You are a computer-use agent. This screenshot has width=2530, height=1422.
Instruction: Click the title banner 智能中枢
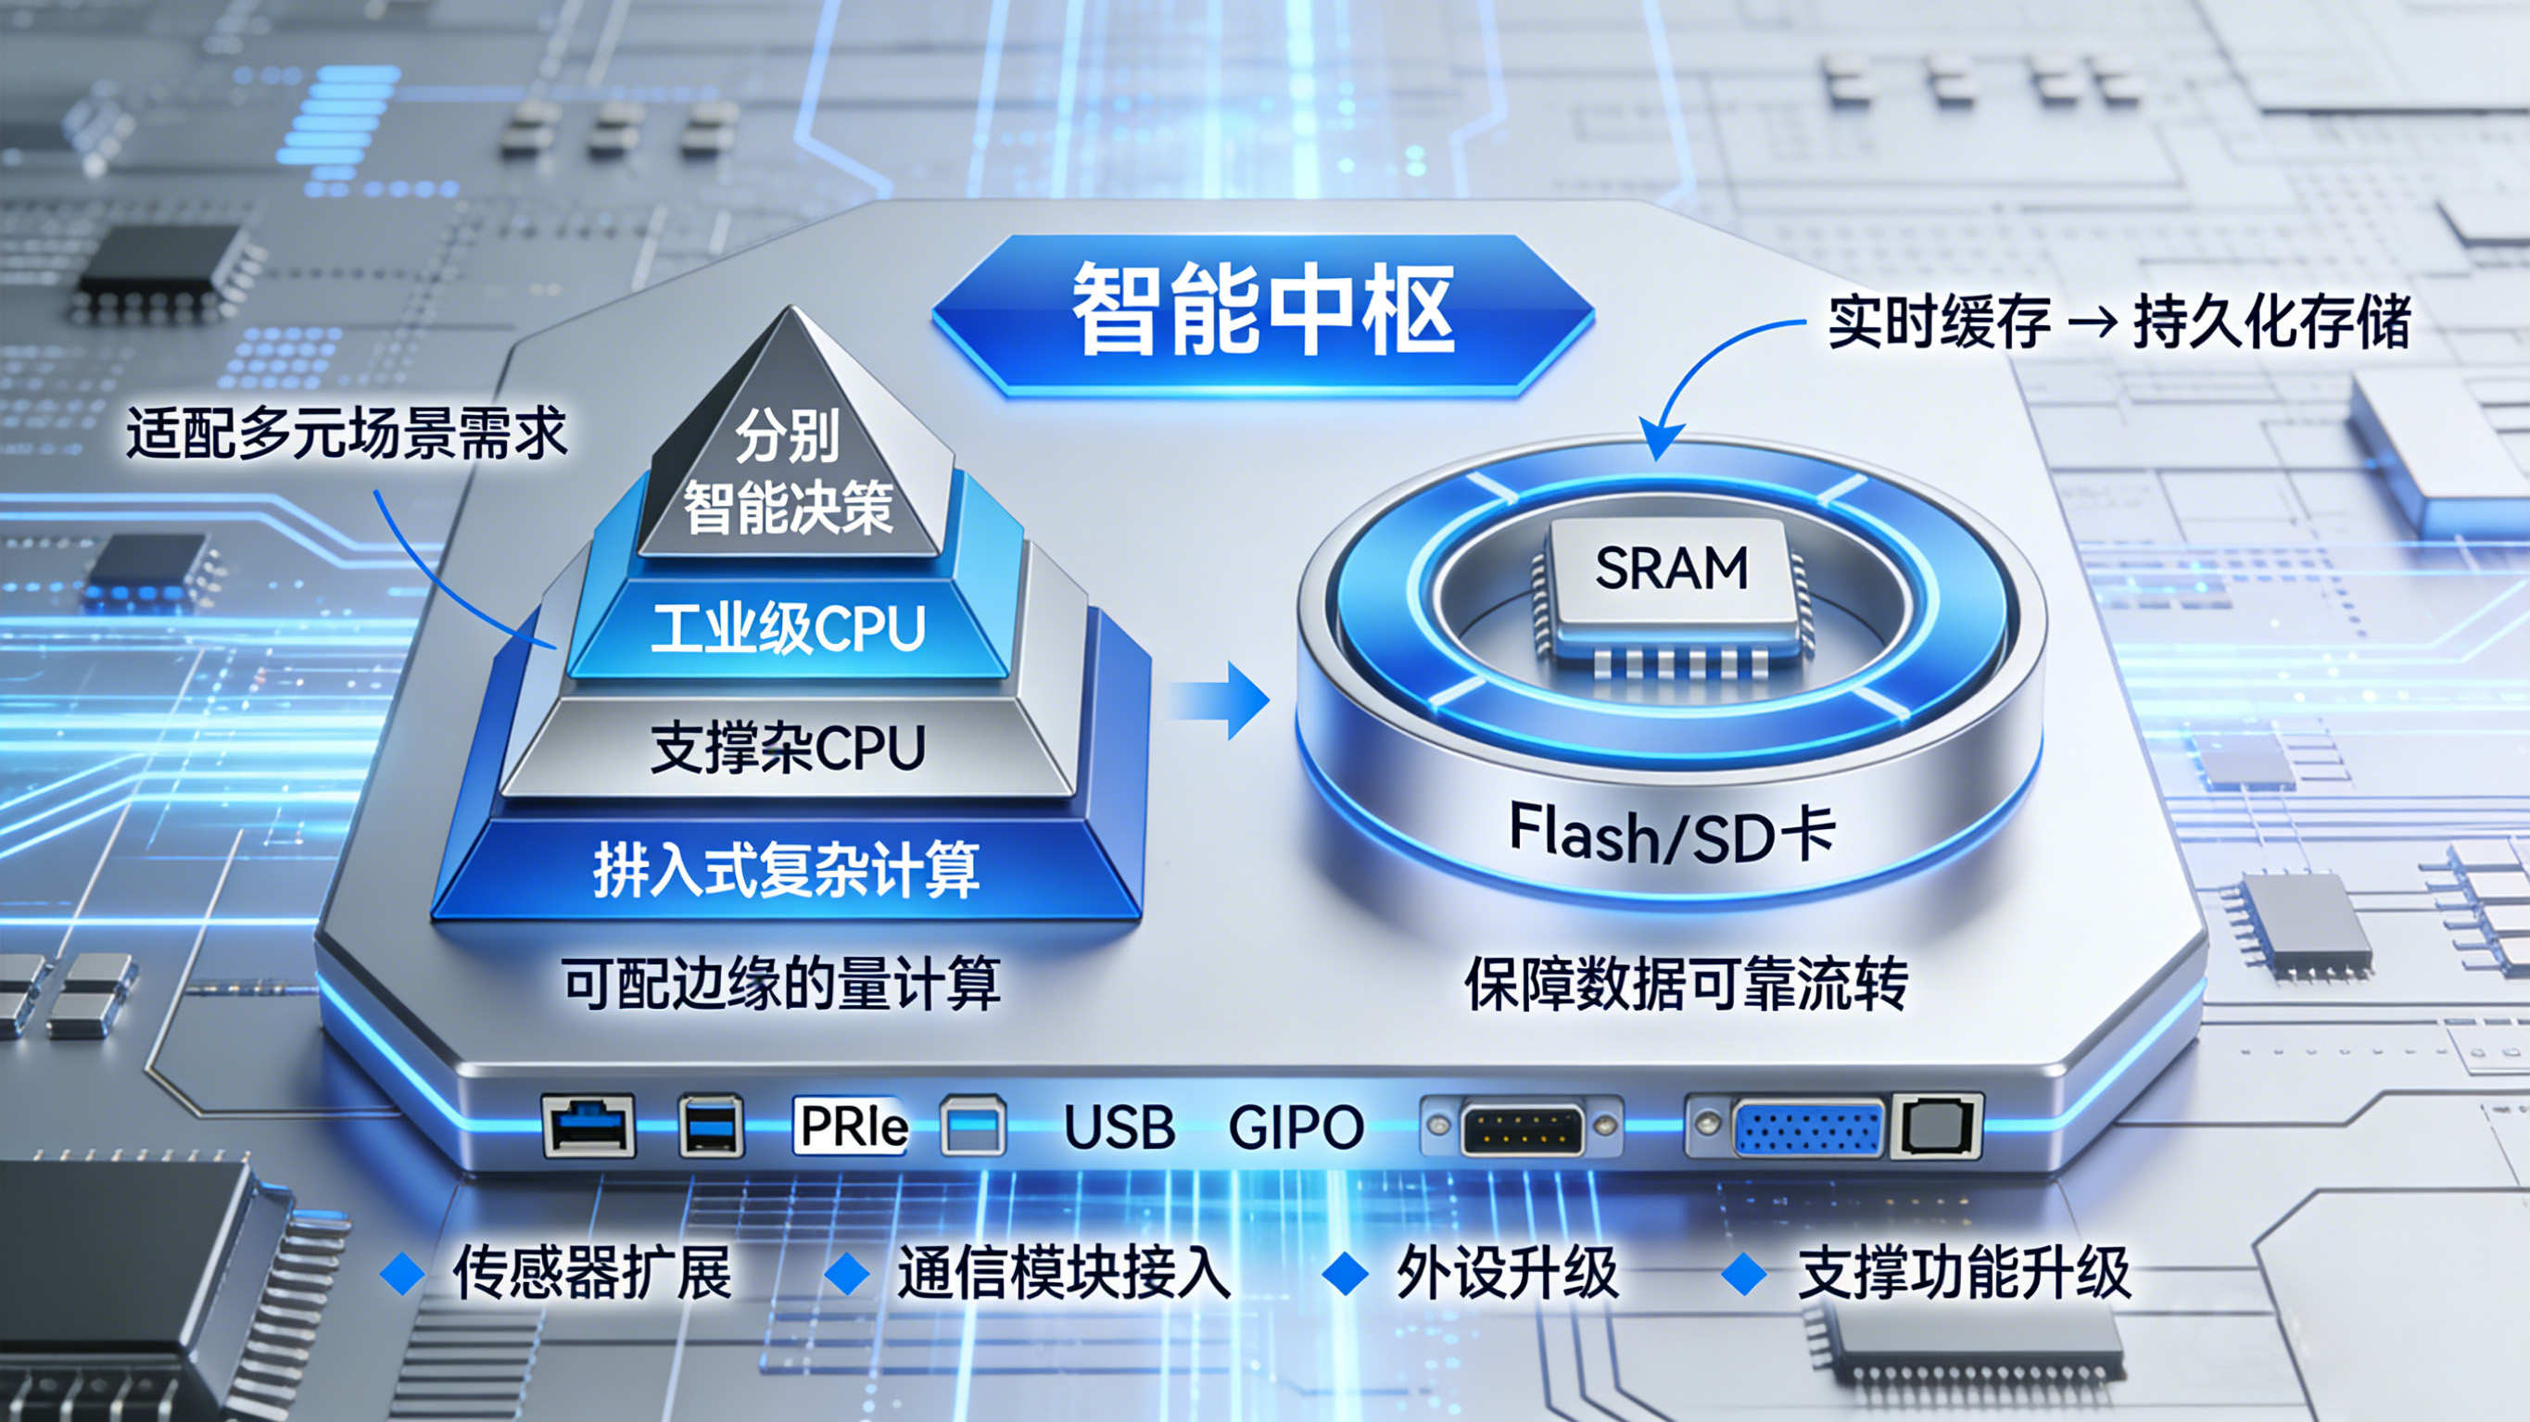click(1262, 310)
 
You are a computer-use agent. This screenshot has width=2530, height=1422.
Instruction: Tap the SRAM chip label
click(1671, 568)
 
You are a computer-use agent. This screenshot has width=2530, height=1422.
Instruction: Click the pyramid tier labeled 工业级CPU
click(788, 628)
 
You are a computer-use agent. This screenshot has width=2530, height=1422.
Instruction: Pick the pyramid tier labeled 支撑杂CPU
click(788, 749)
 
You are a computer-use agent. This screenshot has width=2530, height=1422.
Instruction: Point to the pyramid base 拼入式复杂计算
click(786, 870)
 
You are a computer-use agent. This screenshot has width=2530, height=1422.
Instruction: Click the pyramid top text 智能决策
click(788, 508)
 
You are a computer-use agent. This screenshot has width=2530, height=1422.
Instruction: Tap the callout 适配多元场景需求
click(346, 434)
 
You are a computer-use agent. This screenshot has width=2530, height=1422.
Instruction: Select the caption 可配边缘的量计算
click(781, 983)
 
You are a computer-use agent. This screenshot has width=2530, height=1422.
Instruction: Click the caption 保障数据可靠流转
click(1686, 983)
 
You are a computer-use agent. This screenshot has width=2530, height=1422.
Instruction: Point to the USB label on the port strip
click(1119, 1127)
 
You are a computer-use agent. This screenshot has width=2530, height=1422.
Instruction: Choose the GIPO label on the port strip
click(1296, 1127)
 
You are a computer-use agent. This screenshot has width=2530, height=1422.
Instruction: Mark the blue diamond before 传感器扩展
click(401, 1274)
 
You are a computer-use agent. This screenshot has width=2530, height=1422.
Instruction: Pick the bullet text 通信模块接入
click(1064, 1274)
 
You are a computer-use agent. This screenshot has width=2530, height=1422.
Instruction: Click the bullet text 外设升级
click(1507, 1274)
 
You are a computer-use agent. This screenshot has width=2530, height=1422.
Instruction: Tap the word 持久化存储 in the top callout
click(2271, 321)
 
